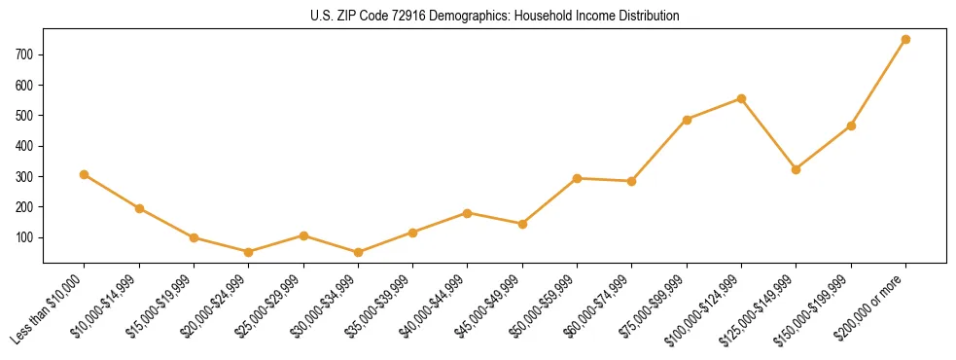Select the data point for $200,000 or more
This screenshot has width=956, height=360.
(x=905, y=40)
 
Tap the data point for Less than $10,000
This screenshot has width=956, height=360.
(x=85, y=175)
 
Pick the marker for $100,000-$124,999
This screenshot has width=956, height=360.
(x=741, y=98)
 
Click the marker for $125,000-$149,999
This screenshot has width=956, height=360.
(x=797, y=169)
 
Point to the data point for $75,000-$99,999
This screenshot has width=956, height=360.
(x=687, y=120)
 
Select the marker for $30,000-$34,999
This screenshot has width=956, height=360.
(x=358, y=253)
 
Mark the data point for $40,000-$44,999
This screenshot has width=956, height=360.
(x=468, y=213)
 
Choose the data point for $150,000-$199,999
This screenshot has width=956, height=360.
(x=851, y=126)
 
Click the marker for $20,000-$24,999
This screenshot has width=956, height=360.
(x=248, y=252)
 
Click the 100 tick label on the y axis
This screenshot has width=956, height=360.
(x=26, y=237)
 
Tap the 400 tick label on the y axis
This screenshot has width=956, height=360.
(x=26, y=146)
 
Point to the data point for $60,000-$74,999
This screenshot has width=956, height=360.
(x=632, y=181)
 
